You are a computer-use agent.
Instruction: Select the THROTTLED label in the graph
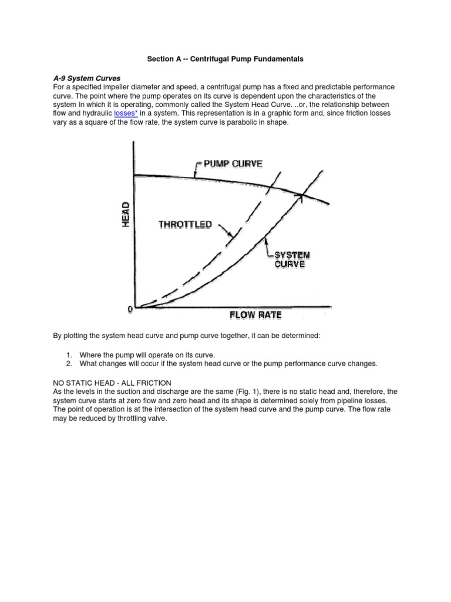tap(185, 225)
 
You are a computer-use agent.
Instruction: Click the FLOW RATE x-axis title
tap(255, 315)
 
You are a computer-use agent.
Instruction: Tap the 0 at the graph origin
tap(130, 307)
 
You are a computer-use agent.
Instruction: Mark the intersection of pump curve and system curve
tap(301, 195)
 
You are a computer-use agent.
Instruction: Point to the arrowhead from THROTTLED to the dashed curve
tap(231, 237)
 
